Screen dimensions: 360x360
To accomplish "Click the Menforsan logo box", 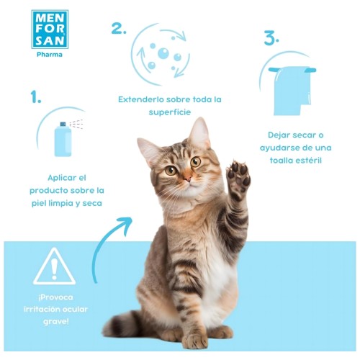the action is (x=50, y=30).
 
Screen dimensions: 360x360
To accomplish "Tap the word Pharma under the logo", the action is (x=50, y=55).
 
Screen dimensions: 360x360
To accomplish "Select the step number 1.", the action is (x=36, y=97).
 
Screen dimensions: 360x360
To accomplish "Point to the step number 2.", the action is (x=119, y=28).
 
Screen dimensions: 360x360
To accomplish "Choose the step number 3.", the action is (x=271, y=38).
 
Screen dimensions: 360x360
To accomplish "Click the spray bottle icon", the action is (x=63, y=140).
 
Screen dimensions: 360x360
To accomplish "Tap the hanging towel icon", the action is (x=292, y=91).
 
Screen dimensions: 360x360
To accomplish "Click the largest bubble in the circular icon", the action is (x=163, y=53).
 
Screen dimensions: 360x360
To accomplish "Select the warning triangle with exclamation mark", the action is (x=55, y=266).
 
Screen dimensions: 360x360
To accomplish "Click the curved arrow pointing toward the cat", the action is (x=102, y=245).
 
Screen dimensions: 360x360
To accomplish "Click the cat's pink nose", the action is (x=188, y=179).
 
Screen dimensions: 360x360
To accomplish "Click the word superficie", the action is (x=170, y=112).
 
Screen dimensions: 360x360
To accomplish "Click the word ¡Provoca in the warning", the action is (x=55, y=297).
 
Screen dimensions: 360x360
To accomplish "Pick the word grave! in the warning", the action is (x=56, y=322).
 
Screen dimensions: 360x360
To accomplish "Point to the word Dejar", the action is (x=279, y=135).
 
